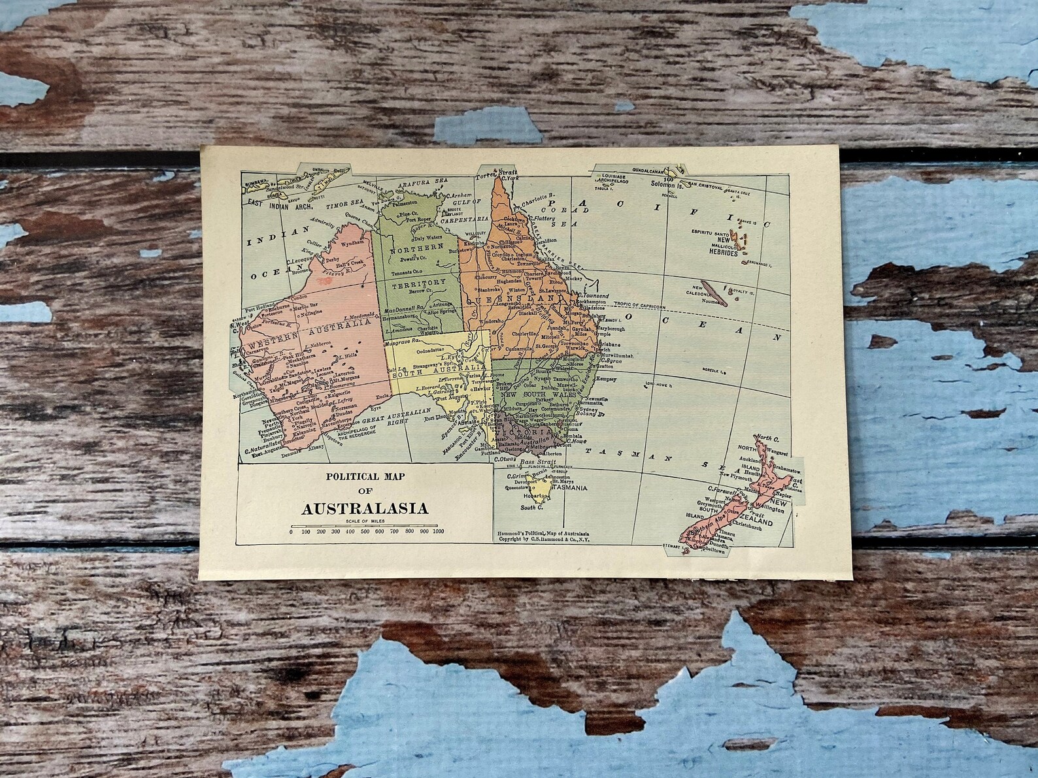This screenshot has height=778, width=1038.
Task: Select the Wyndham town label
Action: pos(350,242)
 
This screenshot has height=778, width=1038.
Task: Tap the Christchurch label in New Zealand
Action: pos(752,525)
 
